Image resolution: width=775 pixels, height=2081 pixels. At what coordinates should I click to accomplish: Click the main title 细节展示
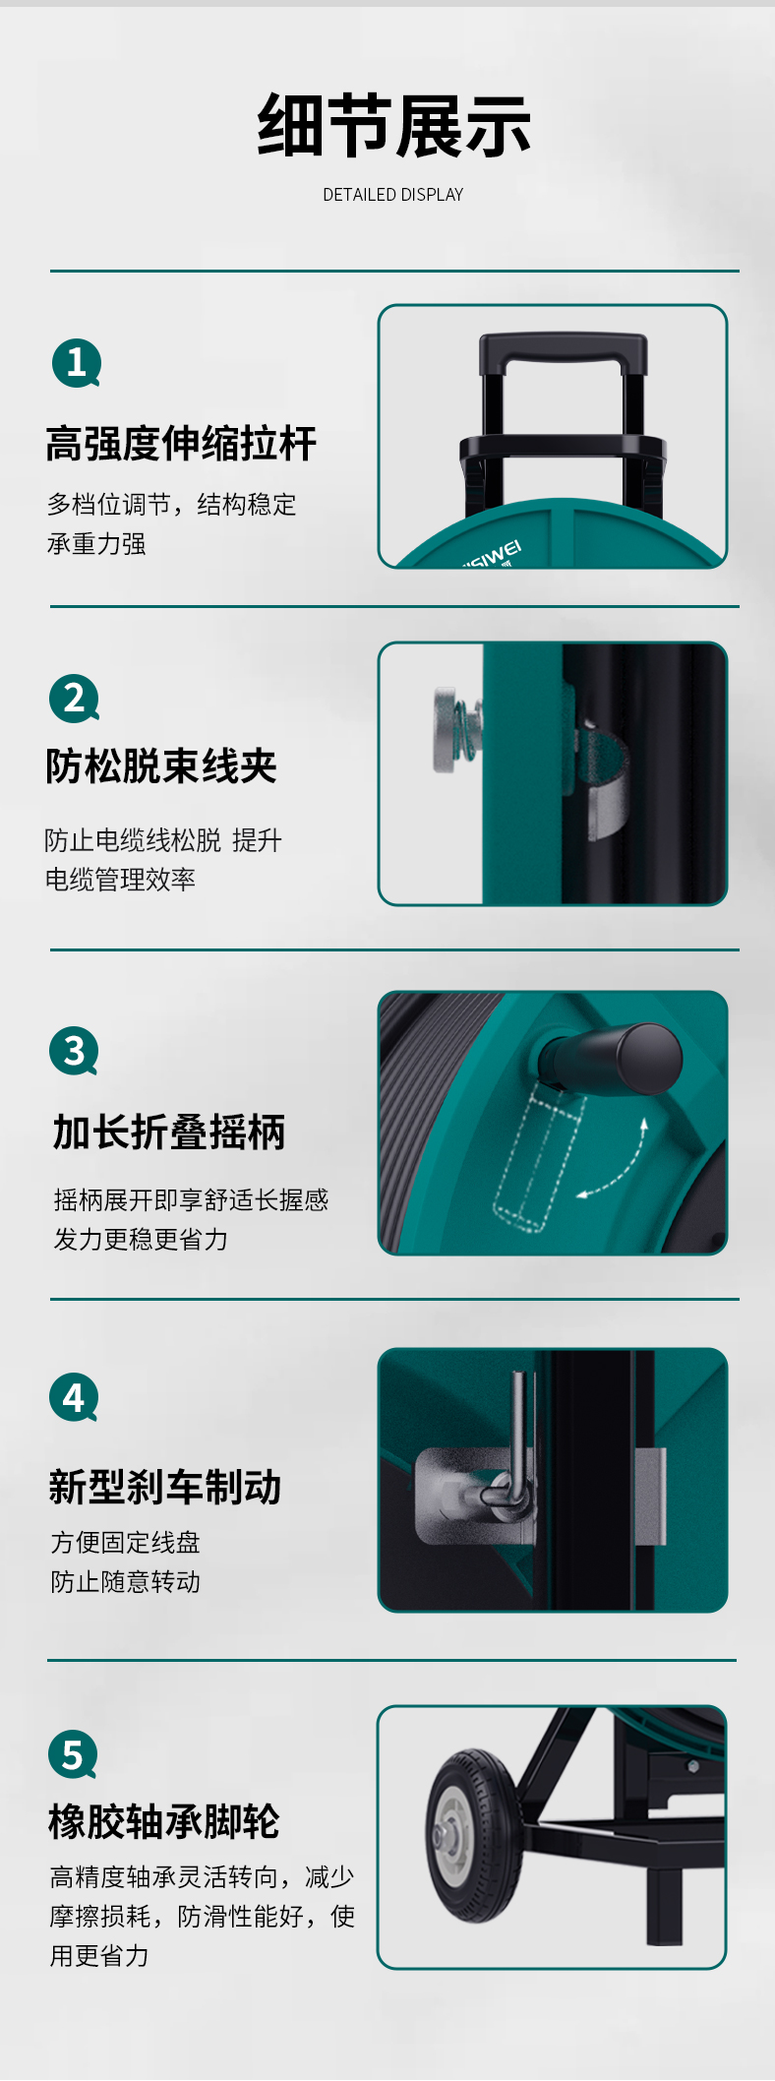(393, 126)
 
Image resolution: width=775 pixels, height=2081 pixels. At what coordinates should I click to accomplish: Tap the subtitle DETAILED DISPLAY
(393, 195)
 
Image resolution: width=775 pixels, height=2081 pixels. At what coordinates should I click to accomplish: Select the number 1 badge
(77, 363)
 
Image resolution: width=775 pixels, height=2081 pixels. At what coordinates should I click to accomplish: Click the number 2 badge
(74, 699)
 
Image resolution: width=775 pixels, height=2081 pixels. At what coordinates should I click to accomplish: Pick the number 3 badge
(74, 1052)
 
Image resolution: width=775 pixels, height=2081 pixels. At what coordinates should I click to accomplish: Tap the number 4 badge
(74, 1397)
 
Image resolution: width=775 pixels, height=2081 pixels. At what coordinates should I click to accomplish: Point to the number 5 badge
(73, 1754)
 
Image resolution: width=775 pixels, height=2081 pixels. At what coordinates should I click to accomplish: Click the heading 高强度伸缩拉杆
(181, 444)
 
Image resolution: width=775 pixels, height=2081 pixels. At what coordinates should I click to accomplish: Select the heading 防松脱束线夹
(161, 766)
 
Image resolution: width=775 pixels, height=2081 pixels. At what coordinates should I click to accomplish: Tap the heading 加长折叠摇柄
(169, 1132)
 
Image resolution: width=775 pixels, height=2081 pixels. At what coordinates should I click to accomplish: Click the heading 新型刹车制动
(165, 1488)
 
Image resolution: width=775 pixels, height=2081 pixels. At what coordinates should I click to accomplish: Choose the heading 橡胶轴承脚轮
(164, 1822)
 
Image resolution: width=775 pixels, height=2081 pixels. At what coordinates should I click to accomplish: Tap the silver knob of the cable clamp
(447, 729)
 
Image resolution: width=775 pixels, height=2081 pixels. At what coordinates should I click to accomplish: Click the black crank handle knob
(649, 1059)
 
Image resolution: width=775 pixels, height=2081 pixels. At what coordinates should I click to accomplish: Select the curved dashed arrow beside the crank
(620, 1166)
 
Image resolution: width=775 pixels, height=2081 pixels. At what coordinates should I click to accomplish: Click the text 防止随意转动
(126, 1581)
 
